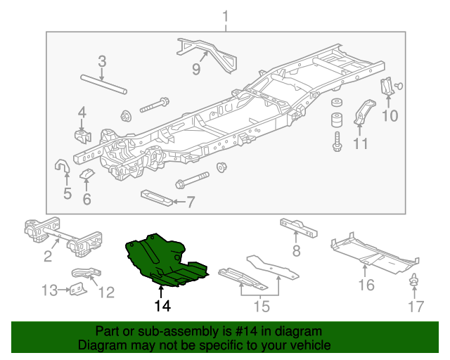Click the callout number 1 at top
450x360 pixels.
[x=226, y=15]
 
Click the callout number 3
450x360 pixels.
[x=102, y=61]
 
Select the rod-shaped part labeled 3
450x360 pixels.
[x=103, y=84]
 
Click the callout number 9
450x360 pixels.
[x=196, y=70]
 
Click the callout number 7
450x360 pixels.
[x=191, y=202]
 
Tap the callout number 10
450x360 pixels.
[x=390, y=116]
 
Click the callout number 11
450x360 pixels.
[x=360, y=144]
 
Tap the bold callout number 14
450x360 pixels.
[x=162, y=306]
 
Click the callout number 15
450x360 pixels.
[x=261, y=306]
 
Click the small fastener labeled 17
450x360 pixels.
[x=415, y=281]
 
